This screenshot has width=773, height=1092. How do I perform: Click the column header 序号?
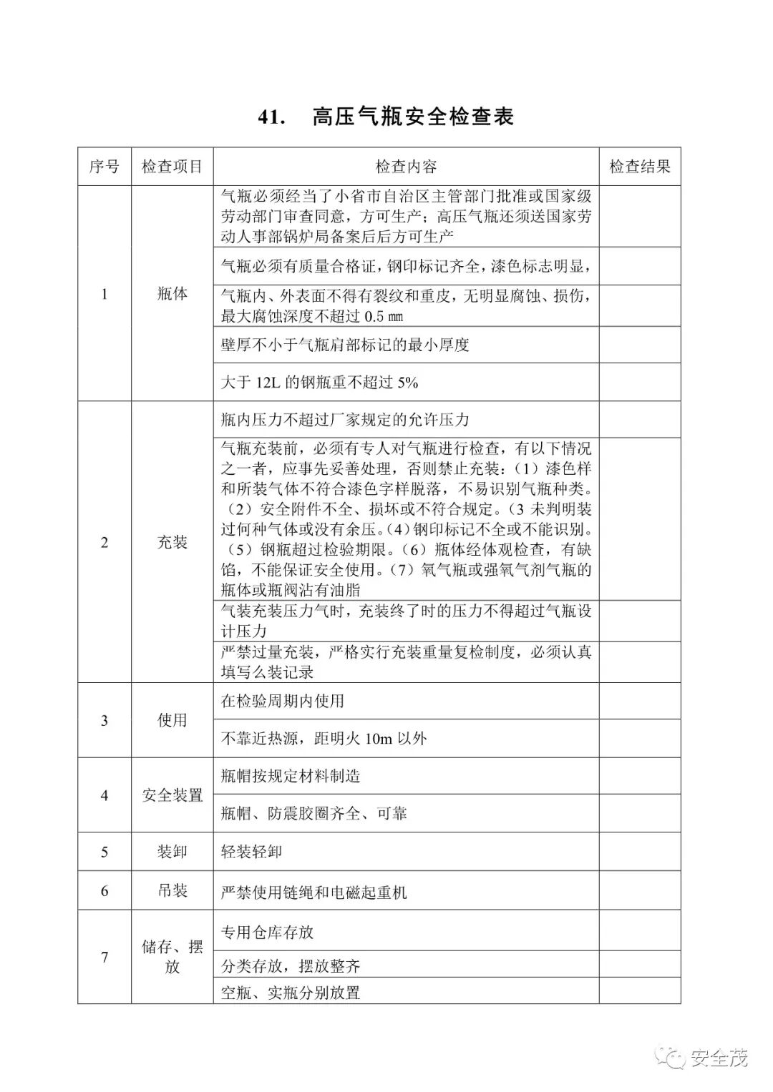[x=104, y=167]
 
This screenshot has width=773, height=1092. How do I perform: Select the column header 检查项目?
[x=172, y=167]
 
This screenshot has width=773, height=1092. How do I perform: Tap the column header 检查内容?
[x=406, y=167]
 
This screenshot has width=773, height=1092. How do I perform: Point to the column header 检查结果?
[x=640, y=167]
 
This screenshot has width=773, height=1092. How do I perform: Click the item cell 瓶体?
[x=172, y=293]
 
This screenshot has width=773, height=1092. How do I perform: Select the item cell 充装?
[x=172, y=542]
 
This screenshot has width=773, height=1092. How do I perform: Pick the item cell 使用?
[x=172, y=720]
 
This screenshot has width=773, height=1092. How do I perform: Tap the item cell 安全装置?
[x=172, y=795]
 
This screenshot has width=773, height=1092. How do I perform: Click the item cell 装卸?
[x=172, y=852]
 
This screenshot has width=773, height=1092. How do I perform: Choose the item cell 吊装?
[x=172, y=890]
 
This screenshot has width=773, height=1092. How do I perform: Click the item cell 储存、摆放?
[x=172, y=957]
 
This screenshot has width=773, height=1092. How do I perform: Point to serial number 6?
[x=104, y=890]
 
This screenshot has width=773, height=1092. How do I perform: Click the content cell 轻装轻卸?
[x=251, y=852]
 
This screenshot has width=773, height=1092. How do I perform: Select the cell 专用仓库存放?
[x=267, y=932]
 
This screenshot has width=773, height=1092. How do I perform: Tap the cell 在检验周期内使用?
[x=282, y=701]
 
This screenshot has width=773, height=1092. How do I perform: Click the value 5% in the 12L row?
[x=407, y=383]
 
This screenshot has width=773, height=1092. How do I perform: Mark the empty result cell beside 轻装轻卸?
[x=640, y=852]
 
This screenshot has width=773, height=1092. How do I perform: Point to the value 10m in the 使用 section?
[x=378, y=739]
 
